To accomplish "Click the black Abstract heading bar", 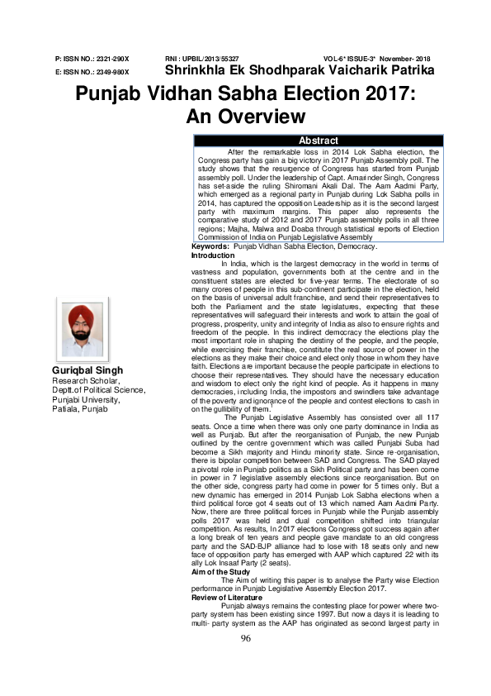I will tap(318, 141).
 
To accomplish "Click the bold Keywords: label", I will tap(210, 247).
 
